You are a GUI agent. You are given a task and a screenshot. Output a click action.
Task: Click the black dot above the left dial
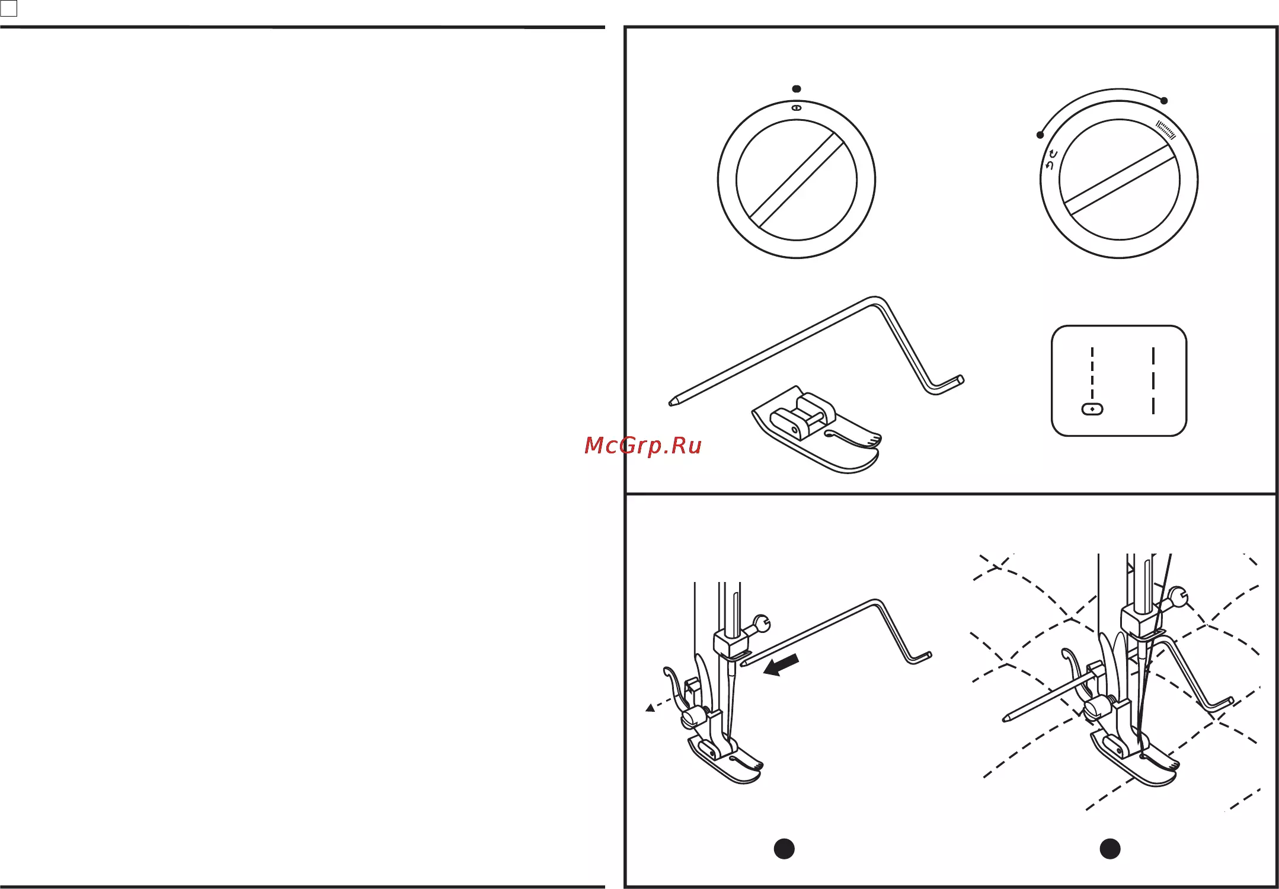(x=797, y=89)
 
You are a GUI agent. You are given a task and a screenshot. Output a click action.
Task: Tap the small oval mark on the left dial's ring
(x=797, y=108)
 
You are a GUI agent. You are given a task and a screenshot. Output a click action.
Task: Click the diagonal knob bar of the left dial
(x=797, y=180)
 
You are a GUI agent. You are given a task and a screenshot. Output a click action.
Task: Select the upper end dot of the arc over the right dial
(x=1164, y=101)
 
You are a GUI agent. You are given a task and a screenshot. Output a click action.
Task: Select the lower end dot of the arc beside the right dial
(x=1040, y=135)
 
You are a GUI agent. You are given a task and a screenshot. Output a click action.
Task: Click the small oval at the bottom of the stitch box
(x=1092, y=409)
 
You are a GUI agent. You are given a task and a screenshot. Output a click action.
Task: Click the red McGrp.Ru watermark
(x=643, y=445)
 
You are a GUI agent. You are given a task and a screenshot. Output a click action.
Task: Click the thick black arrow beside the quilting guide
(x=781, y=666)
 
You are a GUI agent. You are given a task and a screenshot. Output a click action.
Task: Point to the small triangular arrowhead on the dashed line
(x=650, y=708)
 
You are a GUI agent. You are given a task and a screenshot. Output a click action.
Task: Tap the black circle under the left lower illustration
(x=784, y=849)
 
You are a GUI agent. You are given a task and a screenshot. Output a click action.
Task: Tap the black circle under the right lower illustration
(x=1110, y=849)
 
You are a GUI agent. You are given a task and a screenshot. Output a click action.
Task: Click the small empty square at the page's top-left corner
(x=9, y=8)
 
